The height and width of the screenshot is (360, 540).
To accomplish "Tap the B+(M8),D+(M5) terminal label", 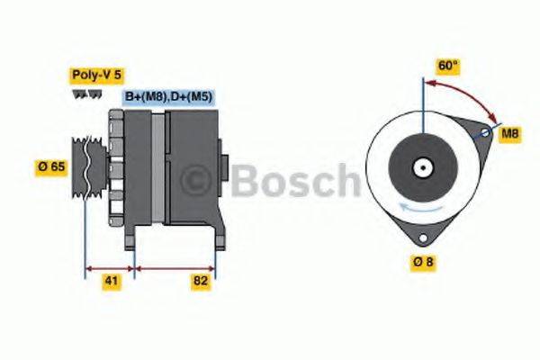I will tap(168, 96).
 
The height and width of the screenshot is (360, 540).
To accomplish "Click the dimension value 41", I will tap(109, 282).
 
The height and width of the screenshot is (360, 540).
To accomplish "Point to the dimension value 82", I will tap(202, 282).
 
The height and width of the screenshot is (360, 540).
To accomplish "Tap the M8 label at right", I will tap(510, 134).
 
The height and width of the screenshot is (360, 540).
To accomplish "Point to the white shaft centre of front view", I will tap(420, 166).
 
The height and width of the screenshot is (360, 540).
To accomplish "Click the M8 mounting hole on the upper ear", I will tap(483, 133).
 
